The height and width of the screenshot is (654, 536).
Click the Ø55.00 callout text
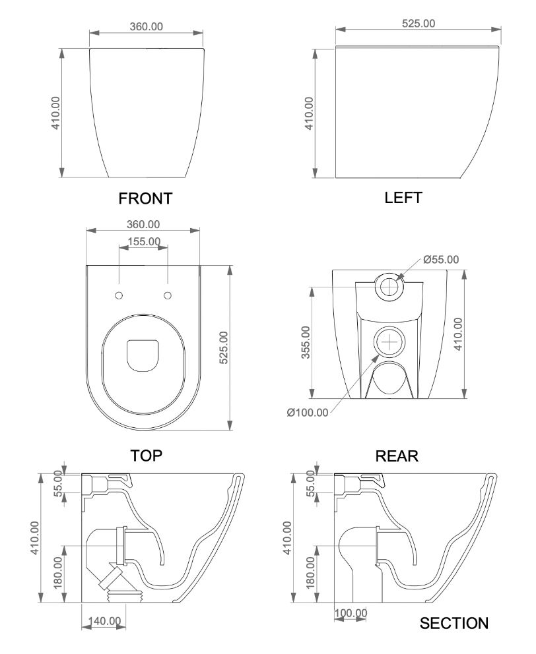[x=441, y=259]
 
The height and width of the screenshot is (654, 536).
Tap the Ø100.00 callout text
[x=308, y=413]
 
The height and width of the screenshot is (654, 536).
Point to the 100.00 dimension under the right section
[x=351, y=613]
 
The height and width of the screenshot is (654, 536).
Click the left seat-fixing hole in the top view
[x=119, y=294]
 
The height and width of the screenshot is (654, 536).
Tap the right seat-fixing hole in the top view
[x=168, y=294]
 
